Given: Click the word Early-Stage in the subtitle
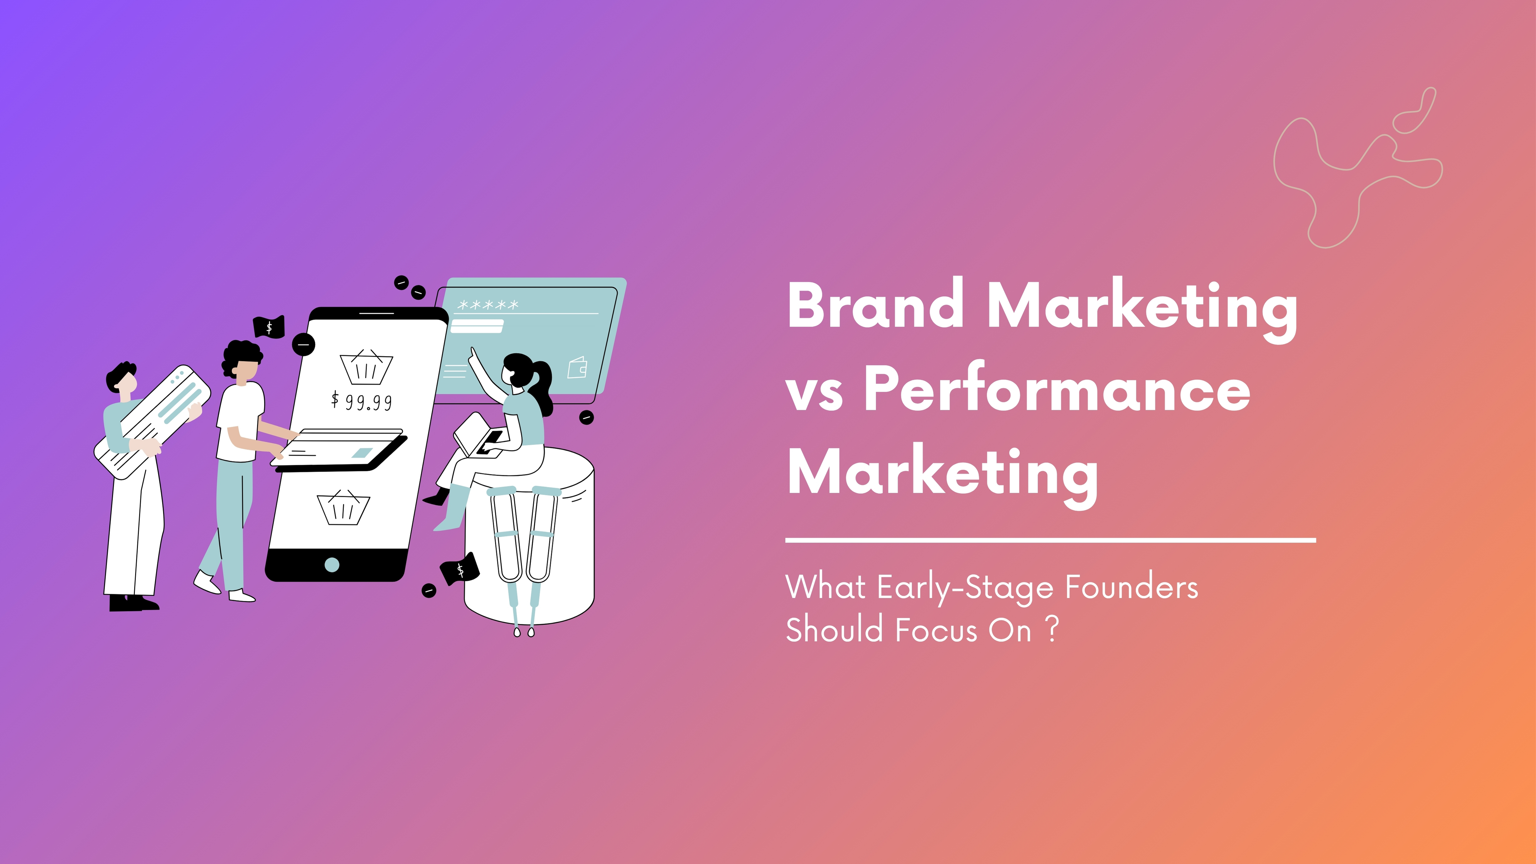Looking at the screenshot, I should click(x=965, y=588).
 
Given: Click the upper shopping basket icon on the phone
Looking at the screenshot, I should click(x=366, y=367).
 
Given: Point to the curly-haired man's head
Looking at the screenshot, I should click(x=243, y=361).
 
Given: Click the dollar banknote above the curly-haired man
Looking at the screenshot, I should click(x=269, y=327).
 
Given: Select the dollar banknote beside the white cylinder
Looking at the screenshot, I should click(x=460, y=569).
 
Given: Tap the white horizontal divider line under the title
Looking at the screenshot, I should click(x=1050, y=540).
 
